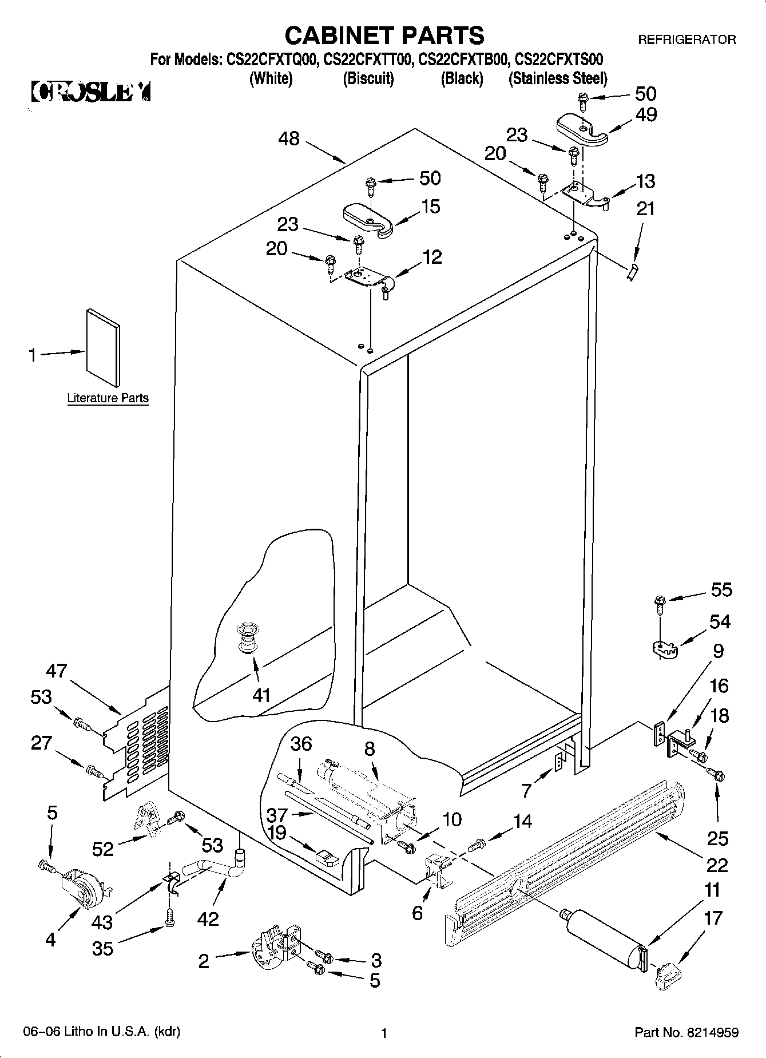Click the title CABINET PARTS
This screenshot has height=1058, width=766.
click(x=384, y=35)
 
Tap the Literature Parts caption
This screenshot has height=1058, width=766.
click(x=108, y=398)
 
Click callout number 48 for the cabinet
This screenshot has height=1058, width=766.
click(x=289, y=138)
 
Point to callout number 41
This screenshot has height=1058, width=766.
click(x=261, y=695)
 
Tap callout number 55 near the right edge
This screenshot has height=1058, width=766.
click(x=721, y=589)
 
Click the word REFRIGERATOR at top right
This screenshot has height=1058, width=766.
click(x=686, y=39)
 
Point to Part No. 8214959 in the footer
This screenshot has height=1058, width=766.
click(x=686, y=1033)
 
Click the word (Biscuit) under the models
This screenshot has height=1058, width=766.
click(x=368, y=78)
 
